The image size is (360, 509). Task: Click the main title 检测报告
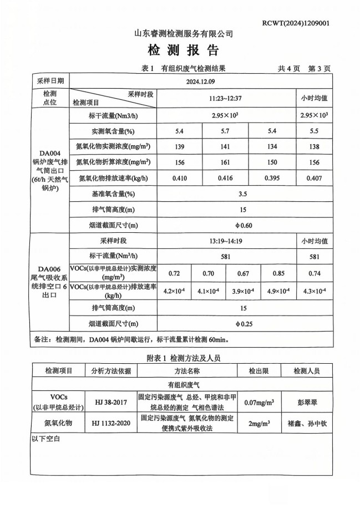183,51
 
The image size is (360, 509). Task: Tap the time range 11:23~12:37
225,98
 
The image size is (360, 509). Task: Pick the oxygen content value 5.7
225,131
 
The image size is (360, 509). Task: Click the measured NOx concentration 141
225,147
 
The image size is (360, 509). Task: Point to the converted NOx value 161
225,162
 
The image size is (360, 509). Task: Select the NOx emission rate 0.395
271,179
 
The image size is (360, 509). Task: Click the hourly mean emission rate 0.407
315,179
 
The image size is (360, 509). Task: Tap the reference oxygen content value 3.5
226,195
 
